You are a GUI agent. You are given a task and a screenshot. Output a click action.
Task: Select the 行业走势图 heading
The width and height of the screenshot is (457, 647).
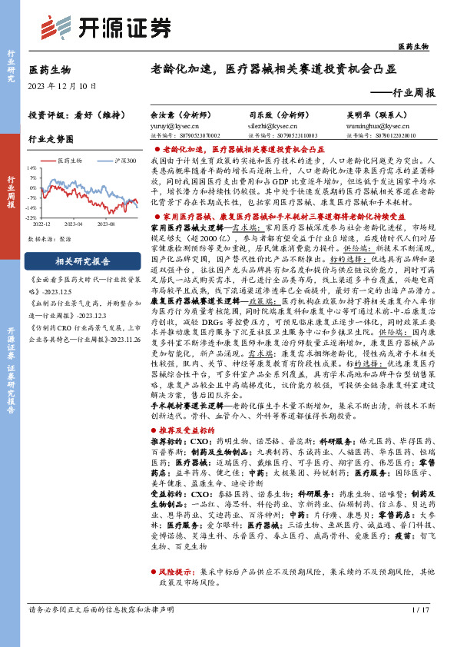[51, 139]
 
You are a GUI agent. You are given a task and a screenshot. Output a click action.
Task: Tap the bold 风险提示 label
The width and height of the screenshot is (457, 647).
[176, 572]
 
